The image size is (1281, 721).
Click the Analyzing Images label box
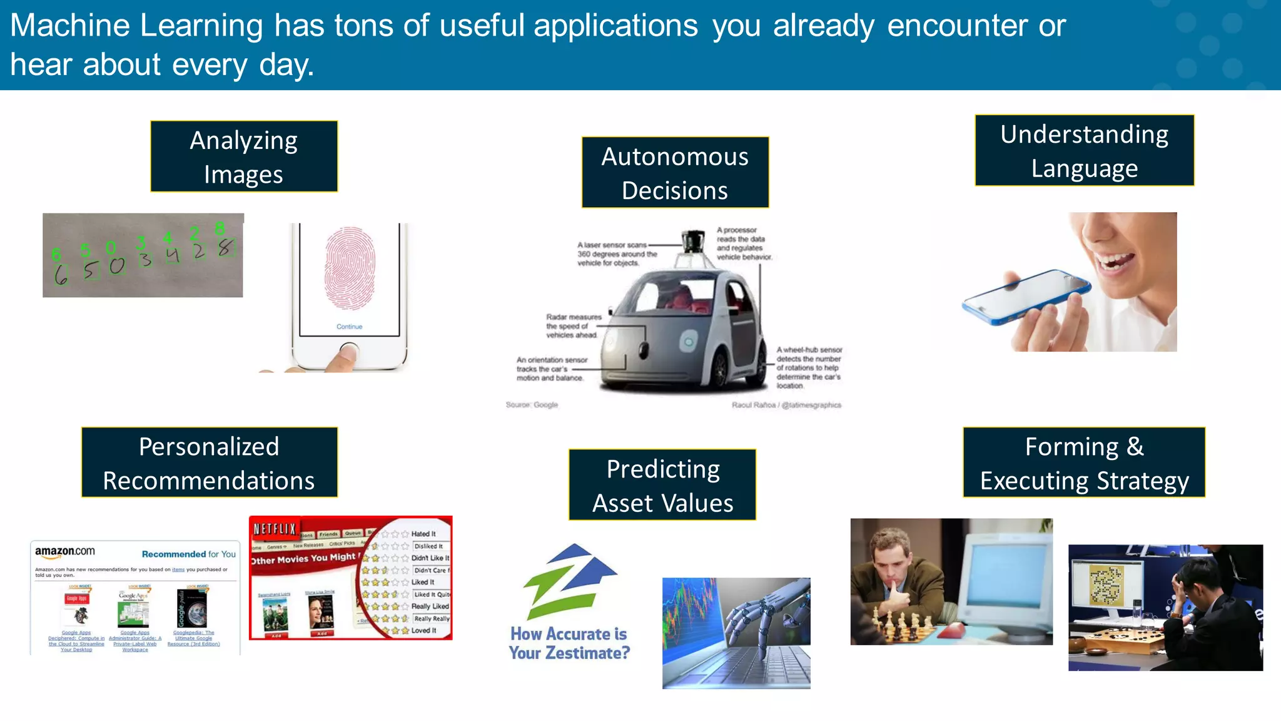244,156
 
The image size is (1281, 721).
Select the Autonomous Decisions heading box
675,173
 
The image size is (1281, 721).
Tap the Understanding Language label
1084,151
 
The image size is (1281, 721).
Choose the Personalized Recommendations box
209,463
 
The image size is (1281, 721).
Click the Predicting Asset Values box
662,485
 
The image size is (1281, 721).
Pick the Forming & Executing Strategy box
1084,463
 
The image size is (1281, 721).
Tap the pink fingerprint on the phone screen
350,268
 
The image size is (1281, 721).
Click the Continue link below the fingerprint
349,327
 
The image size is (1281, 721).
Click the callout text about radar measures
573,326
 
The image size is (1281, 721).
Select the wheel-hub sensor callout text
809,367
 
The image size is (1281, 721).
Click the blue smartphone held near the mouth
1026,296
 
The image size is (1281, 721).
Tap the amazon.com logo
65,551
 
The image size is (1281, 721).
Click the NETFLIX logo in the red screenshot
275,529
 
